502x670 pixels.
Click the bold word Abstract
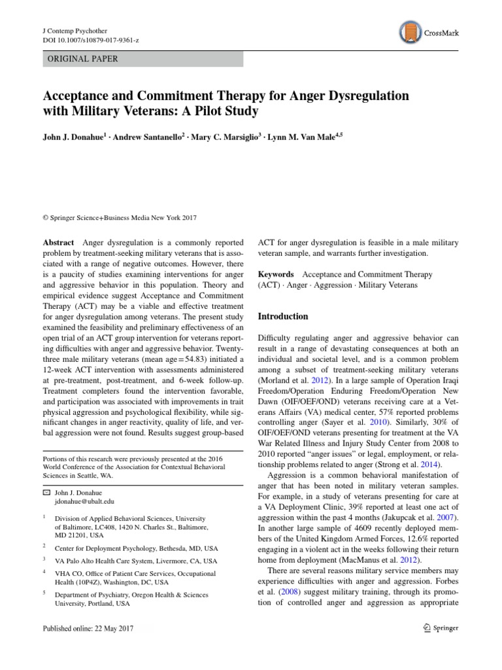(x=58, y=242)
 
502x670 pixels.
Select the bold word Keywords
(x=276, y=274)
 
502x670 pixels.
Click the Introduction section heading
(x=283, y=316)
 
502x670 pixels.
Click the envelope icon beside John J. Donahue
(x=46, y=491)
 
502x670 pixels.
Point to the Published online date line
(x=88, y=628)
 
